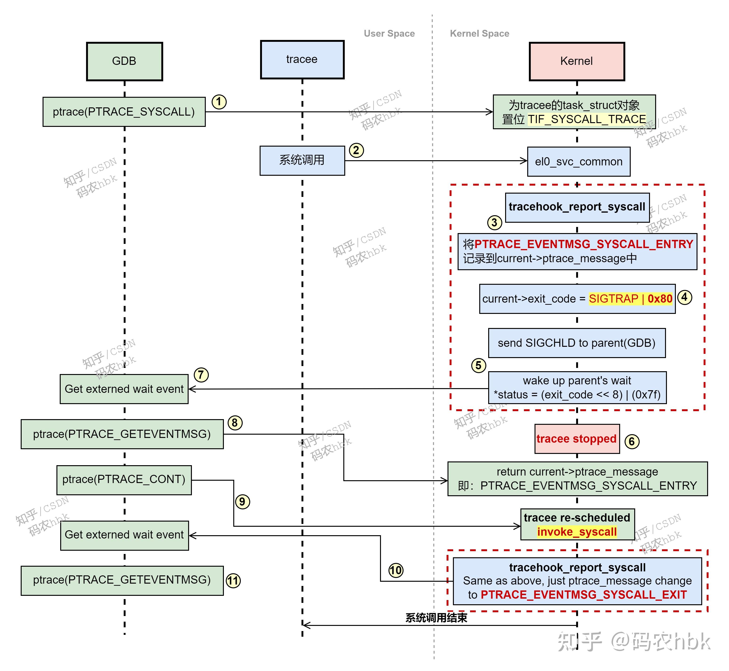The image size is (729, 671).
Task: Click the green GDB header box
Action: tap(124, 61)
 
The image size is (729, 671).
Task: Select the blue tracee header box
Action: tap(302, 59)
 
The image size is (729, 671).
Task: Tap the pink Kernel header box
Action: tap(577, 61)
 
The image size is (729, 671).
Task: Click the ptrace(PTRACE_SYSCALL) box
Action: tap(124, 112)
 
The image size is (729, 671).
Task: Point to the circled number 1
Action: tap(219, 102)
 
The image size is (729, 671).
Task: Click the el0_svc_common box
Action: tap(578, 162)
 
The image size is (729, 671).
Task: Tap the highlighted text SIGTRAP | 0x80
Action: tap(630, 299)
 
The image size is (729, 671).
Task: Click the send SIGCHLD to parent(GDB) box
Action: tap(577, 343)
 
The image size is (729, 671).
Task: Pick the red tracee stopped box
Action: tap(577, 439)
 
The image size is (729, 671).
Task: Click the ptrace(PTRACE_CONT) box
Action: tap(124, 480)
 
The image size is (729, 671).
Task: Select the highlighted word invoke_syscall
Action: tap(577, 532)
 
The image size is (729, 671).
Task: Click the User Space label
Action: tap(389, 33)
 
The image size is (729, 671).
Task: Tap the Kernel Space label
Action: tap(479, 33)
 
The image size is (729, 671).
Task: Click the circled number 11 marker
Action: tap(233, 580)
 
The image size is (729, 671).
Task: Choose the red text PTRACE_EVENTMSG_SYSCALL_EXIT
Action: tap(584, 595)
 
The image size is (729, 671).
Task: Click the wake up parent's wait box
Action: tap(577, 387)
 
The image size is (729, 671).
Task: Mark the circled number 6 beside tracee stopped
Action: tap(632, 441)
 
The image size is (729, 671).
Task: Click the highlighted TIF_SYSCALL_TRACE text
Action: tap(586, 119)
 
